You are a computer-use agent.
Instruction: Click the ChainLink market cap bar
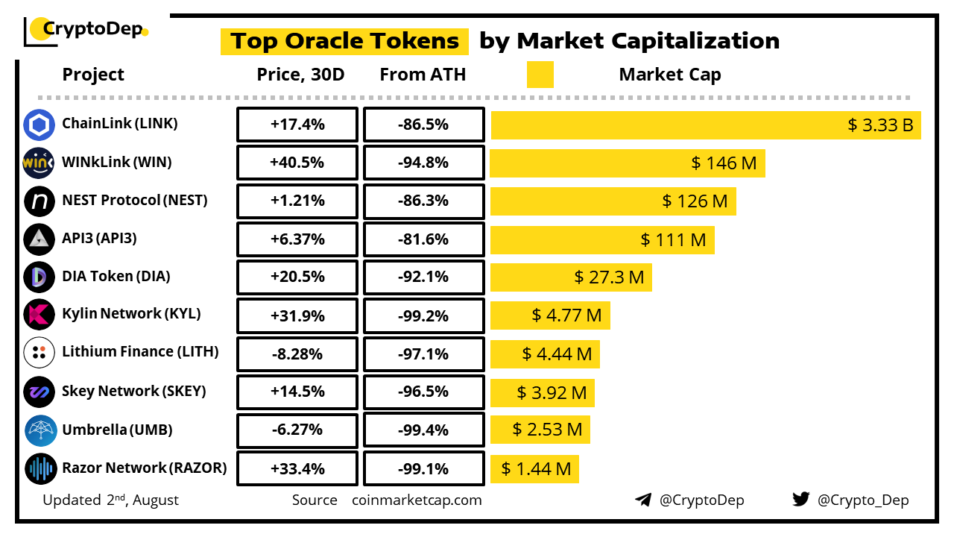coord(706,125)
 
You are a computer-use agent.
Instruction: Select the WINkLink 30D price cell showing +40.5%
coord(297,163)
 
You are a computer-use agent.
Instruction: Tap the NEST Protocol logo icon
coord(39,201)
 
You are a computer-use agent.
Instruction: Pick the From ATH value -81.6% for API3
coord(423,239)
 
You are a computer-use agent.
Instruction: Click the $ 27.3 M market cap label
coord(609,277)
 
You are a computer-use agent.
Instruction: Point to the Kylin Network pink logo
coord(39,315)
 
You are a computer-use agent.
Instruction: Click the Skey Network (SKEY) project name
coord(134,392)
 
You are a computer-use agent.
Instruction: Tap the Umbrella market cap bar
coord(540,430)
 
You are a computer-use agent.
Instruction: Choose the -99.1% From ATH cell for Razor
coord(423,469)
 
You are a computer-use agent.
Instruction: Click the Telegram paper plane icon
coord(643,500)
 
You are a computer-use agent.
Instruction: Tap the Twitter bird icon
coord(801,500)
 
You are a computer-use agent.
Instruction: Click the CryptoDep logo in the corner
coord(86,30)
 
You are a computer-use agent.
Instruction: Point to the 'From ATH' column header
coord(423,75)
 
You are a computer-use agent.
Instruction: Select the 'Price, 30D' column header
coord(300,75)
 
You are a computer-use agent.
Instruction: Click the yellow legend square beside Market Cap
coord(540,75)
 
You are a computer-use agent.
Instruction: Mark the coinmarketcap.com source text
coord(417,500)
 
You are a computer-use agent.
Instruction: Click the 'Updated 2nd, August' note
coord(110,500)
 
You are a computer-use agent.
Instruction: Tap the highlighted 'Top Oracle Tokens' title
coord(344,41)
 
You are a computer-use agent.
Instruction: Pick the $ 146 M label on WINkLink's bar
coord(724,163)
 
